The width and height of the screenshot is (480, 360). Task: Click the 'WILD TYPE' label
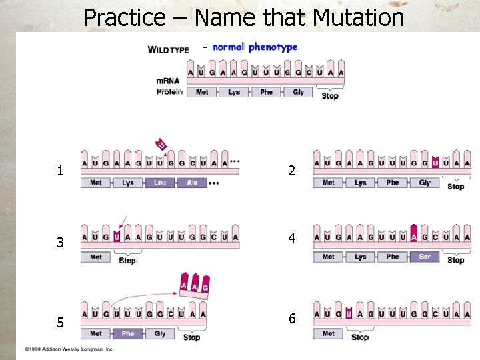tap(168, 49)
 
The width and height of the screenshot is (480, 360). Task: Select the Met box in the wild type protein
tap(202, 92)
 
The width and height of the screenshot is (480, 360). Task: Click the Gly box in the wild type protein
tap(298, 92)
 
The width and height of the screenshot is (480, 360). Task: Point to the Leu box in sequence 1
tap(160, 183)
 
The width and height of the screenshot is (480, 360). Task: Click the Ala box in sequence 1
tap(192, 183)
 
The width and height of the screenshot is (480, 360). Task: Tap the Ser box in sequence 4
tap(425, 257)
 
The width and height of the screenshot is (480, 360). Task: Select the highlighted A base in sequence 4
tap(414, 236)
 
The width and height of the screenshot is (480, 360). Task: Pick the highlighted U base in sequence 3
tap(117, 237)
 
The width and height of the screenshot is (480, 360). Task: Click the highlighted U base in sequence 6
tap(349, 313)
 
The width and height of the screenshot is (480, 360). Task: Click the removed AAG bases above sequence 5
tap(194, 285)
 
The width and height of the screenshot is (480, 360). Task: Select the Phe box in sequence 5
tap(128, 333)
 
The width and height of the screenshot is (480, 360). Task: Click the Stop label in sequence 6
tap(359, 337)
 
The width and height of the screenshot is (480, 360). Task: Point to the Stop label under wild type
tap(330, 96)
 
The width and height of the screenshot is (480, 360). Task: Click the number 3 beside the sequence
tap(60, 243)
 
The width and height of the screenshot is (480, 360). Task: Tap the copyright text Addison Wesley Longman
tap(69, 349)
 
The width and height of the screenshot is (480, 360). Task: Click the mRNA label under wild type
tap(167, 81)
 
